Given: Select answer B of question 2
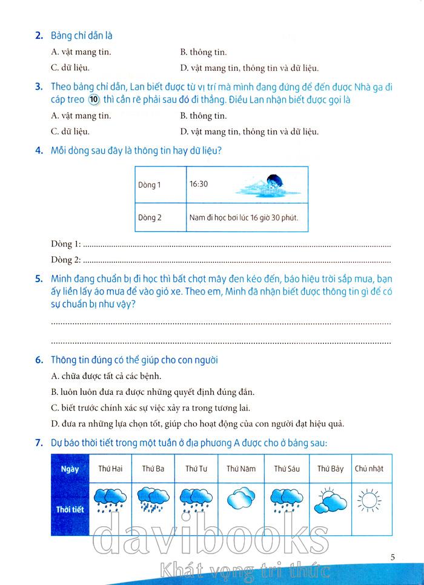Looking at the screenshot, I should pyautogui.click(x=203, y=53).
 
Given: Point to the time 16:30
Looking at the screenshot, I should pyautogui.click(x=198, y=183).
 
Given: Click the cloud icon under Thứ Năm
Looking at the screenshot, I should pyautogui.click(x=241, y=500).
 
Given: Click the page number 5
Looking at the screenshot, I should pyautogui.click(x=393, y=557).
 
